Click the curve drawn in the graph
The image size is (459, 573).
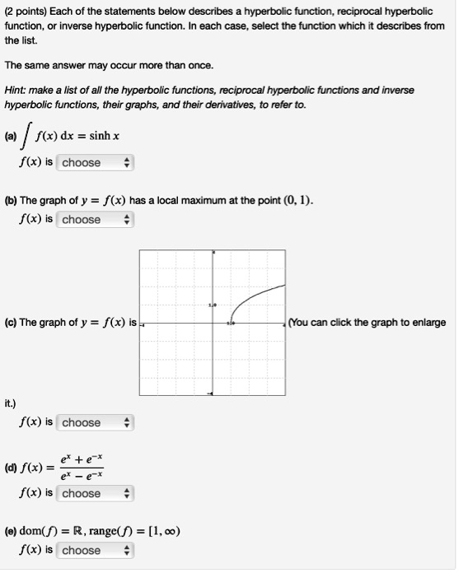pyautogui.click(x=255, y=295)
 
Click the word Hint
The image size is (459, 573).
pyautogui.click(x=16, y=90)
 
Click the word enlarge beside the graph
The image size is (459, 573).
pyautogui.click(x=427, y=322)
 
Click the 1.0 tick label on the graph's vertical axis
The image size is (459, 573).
pyautogui.click(x=211, y=305)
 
